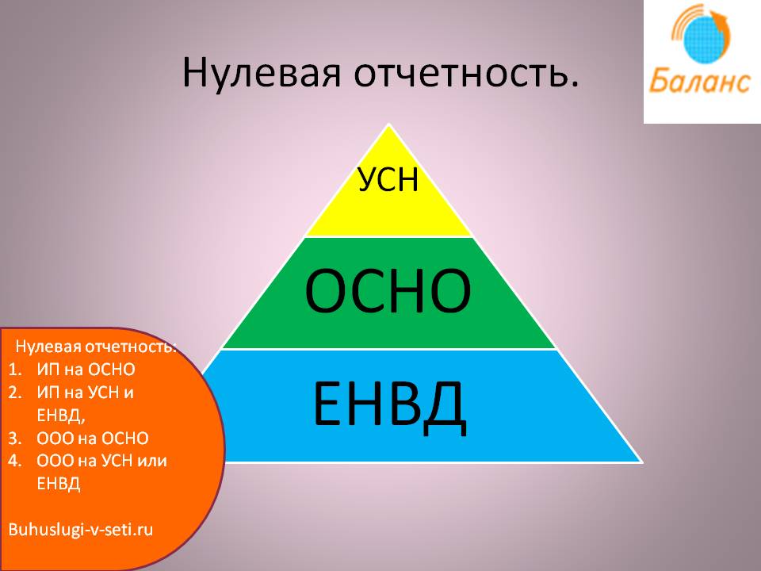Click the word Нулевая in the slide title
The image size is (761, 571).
pos(262,73)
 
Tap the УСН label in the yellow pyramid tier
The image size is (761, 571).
pos(388,180)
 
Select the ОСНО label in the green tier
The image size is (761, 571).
pos(388,291)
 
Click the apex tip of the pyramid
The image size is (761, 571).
pos(388,124)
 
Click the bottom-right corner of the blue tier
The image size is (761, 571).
pos(643,462)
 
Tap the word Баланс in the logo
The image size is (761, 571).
pos(699,81)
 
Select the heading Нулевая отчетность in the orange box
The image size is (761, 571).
pos(96,347)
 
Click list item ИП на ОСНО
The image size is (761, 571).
pos(86,370)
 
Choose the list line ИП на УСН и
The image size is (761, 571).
pos(86,393)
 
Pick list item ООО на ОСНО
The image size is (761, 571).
pos(93,439)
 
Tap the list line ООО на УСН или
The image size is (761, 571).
pos(102,461)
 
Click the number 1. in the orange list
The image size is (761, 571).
pos(15,370)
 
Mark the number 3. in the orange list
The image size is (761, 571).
pos(15,439)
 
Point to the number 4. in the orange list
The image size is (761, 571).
pos(15,461)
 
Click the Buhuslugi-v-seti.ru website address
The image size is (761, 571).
pos(81,529)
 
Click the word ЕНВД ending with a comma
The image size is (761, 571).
pos(61,416)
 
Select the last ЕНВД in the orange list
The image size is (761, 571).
pos(59,484)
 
